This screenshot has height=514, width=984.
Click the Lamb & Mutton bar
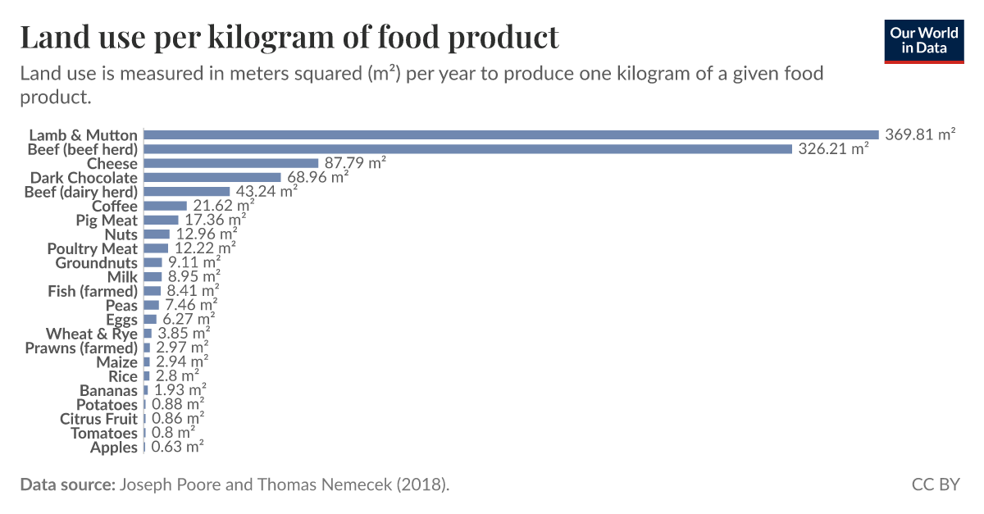(511, 134)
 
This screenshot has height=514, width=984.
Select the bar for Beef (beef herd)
(467, 149)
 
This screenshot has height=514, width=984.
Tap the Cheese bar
(230, 163)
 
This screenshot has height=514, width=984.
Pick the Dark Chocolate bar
(212, 177)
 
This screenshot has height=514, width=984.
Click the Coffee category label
(115, 206)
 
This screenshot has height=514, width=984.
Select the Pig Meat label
(107, 221)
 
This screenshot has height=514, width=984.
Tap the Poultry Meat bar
(156, 248)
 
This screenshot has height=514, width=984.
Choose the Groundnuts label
(97, 263)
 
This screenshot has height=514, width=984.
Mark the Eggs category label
(122, 320)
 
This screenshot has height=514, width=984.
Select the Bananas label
(108, 390)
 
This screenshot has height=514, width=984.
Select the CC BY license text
(935, 484)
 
